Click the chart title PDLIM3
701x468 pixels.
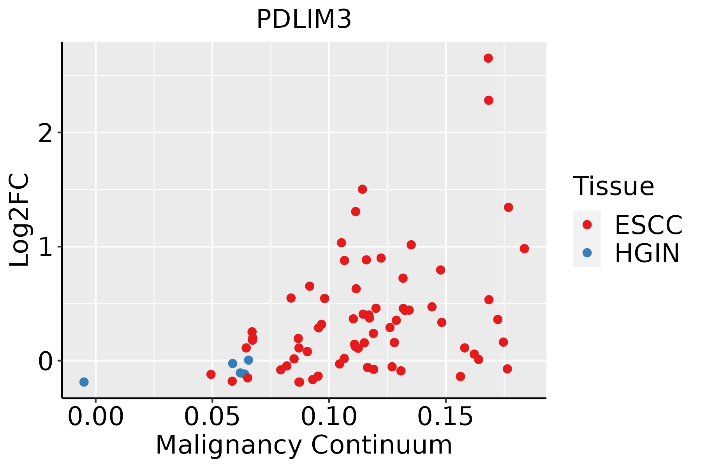pos(304,19)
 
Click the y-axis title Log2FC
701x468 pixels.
pos(19,220)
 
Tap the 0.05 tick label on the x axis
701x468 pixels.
pos(212,417)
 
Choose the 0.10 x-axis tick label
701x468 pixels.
pos(329,417)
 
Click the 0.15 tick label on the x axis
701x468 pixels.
pos(446,417)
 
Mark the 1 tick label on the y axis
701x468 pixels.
pos(46,246)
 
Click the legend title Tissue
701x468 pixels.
pos(614,186)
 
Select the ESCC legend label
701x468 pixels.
pos(648,225)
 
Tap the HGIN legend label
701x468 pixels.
pos(647,253)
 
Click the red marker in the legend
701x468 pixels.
pos(587,225)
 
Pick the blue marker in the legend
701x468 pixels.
pos(587,253)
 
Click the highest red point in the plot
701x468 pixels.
pos(488,58)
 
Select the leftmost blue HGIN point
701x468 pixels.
pos(84,382)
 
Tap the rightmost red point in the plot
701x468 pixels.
pos(524,248)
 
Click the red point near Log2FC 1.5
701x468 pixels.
pos(362,189)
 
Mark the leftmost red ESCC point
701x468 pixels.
pos(211,374)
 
